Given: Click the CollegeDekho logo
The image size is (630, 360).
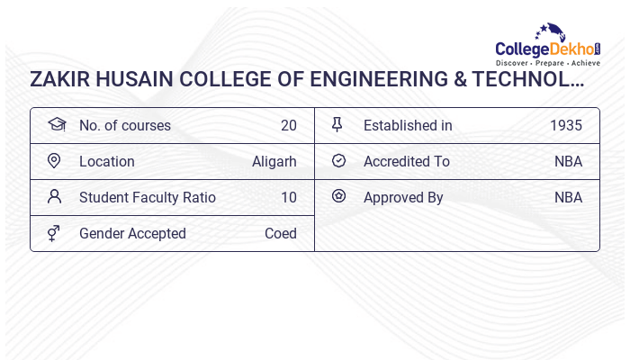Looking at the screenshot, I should click(x=548, y=46).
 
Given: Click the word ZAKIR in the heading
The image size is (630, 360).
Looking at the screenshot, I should click(x=60, y=80).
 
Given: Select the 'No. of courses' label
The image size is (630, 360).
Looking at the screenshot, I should click(x=124, y=126).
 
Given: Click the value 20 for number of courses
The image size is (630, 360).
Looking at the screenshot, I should click(x=288, y=126).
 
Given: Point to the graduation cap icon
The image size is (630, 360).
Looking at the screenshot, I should click(x=56, y=125).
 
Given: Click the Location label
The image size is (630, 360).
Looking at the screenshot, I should click(x=106, y=162).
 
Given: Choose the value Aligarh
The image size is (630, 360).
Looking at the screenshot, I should click(x=274, y=162).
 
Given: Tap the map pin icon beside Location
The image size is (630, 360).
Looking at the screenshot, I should click(x=54, y=161).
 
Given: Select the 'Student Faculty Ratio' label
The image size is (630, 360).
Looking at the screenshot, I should click(x=147, y=198).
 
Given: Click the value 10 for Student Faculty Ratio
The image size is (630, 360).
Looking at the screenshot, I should click(x=288, y=198).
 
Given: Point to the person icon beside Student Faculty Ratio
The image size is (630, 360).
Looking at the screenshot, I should click(x=54, y=197).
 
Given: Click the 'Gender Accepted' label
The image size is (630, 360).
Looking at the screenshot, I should click(x=132, y=234).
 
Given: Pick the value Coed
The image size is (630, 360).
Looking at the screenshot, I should click(x=280, y=234).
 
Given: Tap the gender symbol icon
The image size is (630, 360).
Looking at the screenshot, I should click(x=54, y=233).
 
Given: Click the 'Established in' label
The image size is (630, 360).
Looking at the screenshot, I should click(x=408, y=126).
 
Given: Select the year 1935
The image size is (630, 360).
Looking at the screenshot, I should click(x=566, y=126).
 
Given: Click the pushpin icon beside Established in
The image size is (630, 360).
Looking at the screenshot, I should click(x=337, y=125).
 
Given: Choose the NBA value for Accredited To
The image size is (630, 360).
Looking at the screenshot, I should click(x=568, y=162).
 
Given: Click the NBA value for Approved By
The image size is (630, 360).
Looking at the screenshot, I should click(x=568, y=198).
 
